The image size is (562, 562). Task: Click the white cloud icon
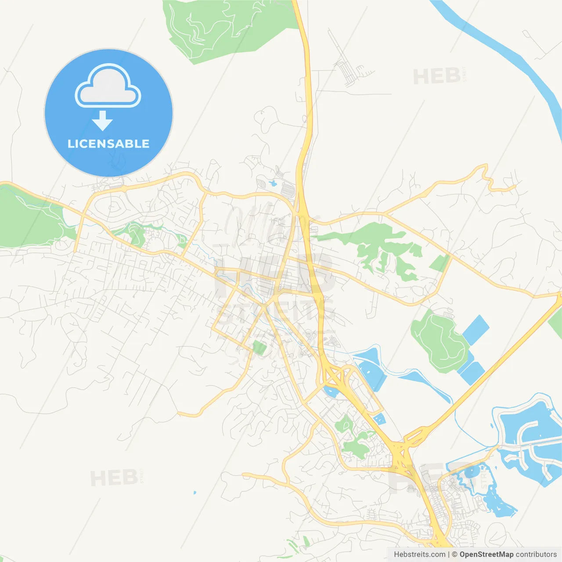108,86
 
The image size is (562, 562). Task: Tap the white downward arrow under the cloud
102,121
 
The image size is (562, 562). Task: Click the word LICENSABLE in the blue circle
108,144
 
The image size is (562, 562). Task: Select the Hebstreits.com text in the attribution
419,555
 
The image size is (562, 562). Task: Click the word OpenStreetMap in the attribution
486,555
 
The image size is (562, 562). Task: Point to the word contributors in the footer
536,555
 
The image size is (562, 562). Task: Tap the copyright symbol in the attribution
454,555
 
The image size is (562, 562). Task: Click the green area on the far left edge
26,220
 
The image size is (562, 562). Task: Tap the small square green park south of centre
259,348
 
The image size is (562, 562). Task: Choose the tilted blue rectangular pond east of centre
476,329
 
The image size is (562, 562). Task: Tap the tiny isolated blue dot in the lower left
195,493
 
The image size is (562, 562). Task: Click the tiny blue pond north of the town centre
273,183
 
